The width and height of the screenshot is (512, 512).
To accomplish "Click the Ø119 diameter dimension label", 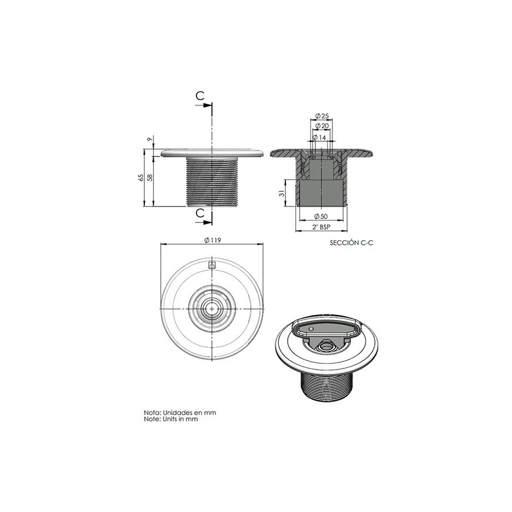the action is click(212, 240).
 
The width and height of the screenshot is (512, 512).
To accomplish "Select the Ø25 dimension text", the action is click(322, 116).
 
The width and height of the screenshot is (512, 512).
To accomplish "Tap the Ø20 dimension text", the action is click(322, 126).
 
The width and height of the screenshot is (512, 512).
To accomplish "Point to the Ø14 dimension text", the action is click(320, 138).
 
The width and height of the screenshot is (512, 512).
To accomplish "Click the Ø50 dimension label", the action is click(321, 216).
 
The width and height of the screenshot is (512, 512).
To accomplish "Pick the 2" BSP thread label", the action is click(321, 227).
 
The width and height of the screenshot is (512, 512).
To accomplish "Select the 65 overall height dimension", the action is click(141, 178).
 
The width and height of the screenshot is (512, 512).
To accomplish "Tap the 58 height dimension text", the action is click(150, 178).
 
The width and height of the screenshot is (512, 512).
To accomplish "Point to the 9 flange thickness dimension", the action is click(150, 139).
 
